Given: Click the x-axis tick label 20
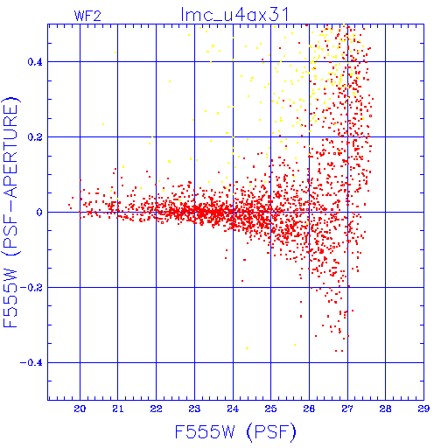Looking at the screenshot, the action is pyautogui.click(x=80, y=409).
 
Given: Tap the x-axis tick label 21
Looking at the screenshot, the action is pyautogui.click(x=118, y=409).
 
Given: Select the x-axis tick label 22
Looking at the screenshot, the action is pyautogui.click(x=156, y=409).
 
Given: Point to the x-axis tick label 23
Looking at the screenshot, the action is pyautogui.click(x=194, y=409).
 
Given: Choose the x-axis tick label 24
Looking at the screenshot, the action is pyautogui.click(x=233, y=409).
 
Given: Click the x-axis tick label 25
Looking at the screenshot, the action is pyautogui.click(x=270, y=409).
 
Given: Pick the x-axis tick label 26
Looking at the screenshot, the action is pyautogui.click(x=309, y=409).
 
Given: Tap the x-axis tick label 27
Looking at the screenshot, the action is pyautogui.click(x=347, y=409).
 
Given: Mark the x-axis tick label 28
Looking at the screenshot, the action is pyautogui.click(x=386, y=409).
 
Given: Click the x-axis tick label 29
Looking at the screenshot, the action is pyautogui.click(x=423, y=409).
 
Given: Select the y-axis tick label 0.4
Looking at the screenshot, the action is pyautogui.click(x=35, y=62).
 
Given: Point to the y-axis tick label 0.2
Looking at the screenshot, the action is pyautogui.click(x=35, y=137).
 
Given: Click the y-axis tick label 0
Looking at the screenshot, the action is pyautogui.click(x=39, y=213).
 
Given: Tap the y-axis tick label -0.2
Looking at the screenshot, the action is pyautogui.click(x=31, y=288).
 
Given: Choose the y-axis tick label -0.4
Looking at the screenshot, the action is pyautogui.click(x=31, y=363).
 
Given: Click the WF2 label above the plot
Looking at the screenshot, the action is pyautogui.click(x=87, y=16).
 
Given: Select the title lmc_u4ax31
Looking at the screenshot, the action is pyautogui.click(x=234, y=15).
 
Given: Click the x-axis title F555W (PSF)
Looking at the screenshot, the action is pyautogui.click(x=235, y=431).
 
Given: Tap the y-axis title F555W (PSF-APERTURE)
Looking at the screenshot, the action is pyautogui.click(x=10, y=213).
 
